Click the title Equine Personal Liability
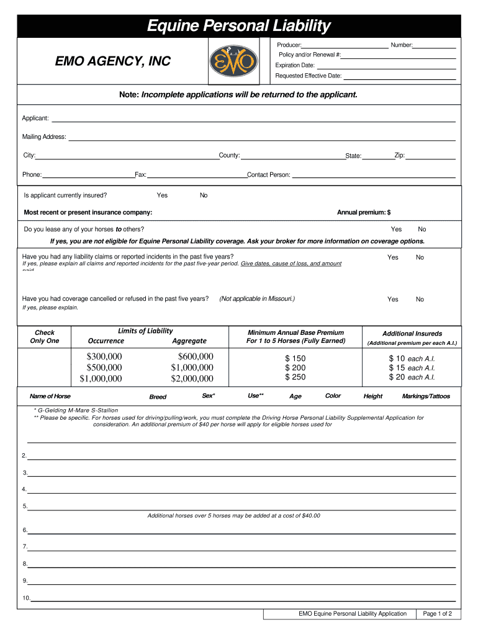pyautogui.click(x=239, y=26)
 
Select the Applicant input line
pyautogui.click(x=253, y=118)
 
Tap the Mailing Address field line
pyautogui.click(x=261, y=137)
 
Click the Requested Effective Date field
pyautogui.click(x=400, y=76)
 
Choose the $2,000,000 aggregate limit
pyautogui.click(x=192, y=379)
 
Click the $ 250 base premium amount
pyautogui.click(x=295, y=377)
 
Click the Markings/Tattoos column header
pyautogui.click(x=426, y=396)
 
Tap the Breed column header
pyautogui.click(x=158, y=397)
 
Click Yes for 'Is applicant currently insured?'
pyautogui.click(x=162, y=195)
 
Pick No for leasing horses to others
pyautogui.click(x=422, y=229)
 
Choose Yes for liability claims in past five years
pyautogui.click(x=393, y=257)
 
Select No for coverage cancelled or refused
pyautogui.click(x=420, y=300)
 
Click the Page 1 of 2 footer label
pyautogui.click(x=438, y=614)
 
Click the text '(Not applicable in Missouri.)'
pyautogui.click(x=257, y=299)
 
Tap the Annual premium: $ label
pyautogui.click(x=364, y=213)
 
